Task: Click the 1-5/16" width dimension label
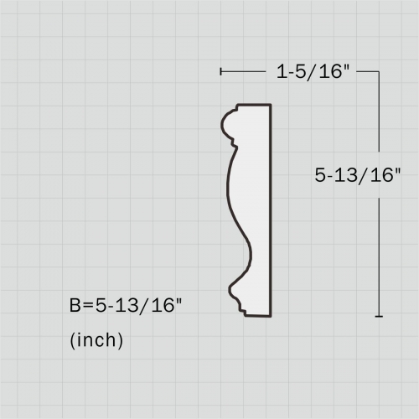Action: coord(312,72)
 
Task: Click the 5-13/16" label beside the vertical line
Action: coord(358,175)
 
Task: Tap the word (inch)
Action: coord(96,341)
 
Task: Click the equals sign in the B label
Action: coord(87,306)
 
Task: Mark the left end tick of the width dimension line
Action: coord(220,72)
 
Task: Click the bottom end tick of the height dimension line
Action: coord(380,317)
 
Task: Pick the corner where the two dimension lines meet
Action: coord(380,72)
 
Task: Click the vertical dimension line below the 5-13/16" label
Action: coord(380,251)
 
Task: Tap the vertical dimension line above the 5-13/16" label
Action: coord(380,117)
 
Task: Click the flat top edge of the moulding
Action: coord(254,106)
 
